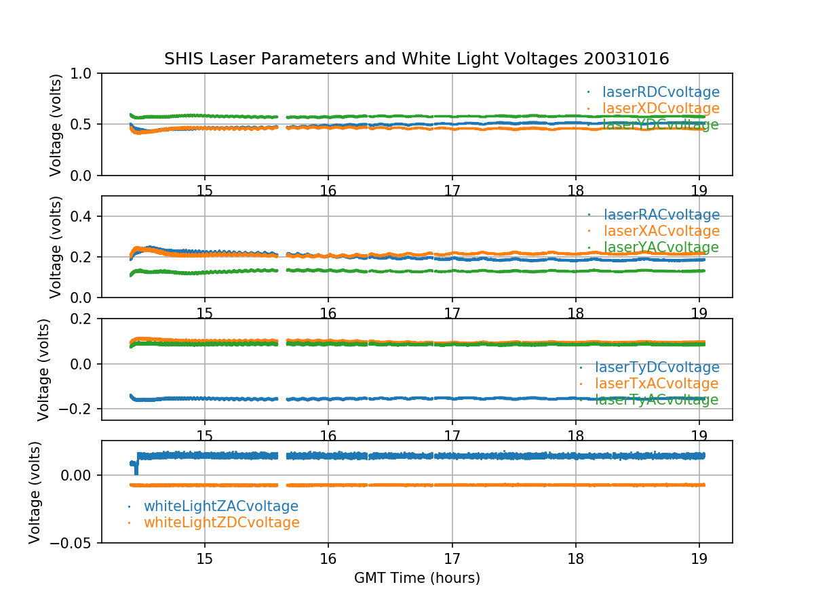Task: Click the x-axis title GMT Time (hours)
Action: point(417,578)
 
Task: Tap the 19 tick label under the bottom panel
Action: point(699,558)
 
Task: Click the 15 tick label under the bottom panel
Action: point(205,558)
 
